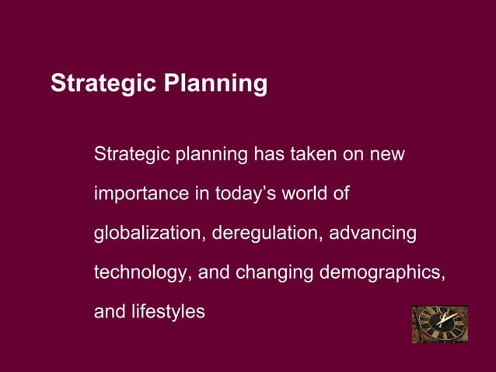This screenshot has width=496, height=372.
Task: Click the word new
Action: tap(387, 154)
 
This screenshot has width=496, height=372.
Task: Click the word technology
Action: tap(142, 274)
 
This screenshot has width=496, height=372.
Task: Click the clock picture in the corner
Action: tap(440, 324)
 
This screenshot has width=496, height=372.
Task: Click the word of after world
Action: tap(341, 193)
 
